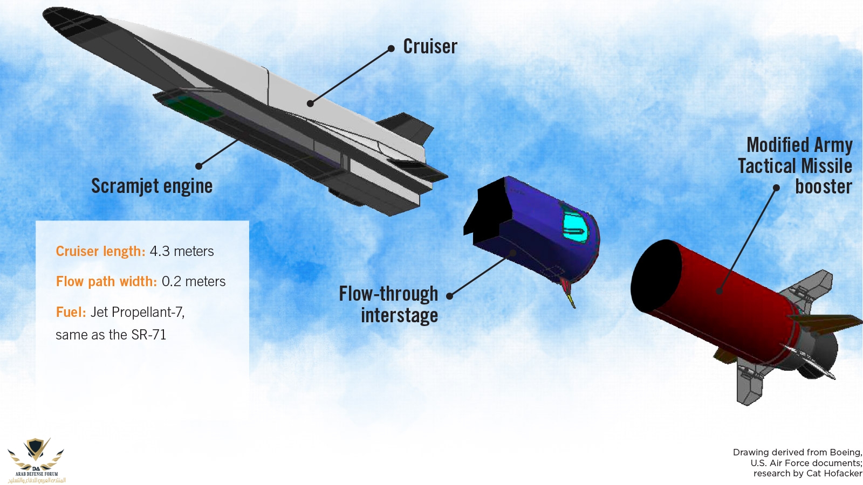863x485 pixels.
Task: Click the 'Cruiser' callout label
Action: [430, 47]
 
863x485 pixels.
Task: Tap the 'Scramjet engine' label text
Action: [152, 186]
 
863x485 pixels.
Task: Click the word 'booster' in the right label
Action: [823, 187]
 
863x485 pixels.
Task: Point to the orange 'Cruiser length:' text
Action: [100, 252]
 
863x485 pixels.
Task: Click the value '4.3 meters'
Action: [182, 252]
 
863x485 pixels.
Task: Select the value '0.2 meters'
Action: [194, 282]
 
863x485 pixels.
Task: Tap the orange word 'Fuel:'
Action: [71, 312]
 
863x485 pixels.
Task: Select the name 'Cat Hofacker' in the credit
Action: [834, 474]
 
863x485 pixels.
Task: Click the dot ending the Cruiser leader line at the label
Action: [391, 49]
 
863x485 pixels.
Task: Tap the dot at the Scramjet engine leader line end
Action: [199, 166]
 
